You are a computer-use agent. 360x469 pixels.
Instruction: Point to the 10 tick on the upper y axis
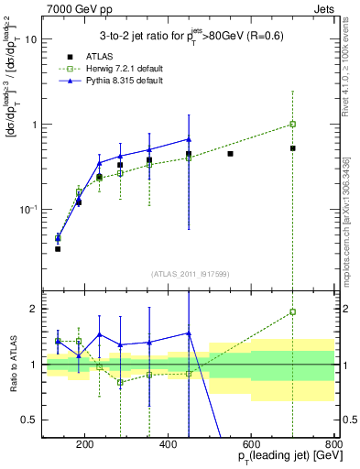tap(31, 39)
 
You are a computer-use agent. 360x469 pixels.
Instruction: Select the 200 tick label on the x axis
tap(84, 444)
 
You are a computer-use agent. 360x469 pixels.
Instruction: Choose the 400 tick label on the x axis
tap(168, 444)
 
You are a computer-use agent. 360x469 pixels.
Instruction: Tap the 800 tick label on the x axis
tap(333, 444)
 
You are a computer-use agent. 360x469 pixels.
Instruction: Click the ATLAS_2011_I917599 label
tap(189, 275)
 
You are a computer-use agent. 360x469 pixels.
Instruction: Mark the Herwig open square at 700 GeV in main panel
tap(292, 124)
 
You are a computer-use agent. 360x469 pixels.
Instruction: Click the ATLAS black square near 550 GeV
tap(230, 154)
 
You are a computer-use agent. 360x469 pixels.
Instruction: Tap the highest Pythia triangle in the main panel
tap(189, 139)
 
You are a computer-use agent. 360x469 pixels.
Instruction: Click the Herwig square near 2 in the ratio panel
tap(292, 311)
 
